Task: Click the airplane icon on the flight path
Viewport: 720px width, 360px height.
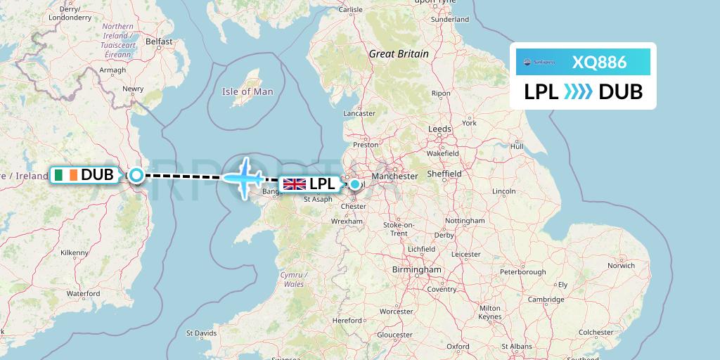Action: pyautogui.click(x=244, y=176)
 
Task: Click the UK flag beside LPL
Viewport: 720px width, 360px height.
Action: pyautogui.click(x=295, y=184)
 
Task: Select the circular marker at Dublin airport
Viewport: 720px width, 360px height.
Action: pyautogui.click(x=136, y=175)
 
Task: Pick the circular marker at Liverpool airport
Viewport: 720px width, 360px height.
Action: pyautogui.click(x=355, y=184)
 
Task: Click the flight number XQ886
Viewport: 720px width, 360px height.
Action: pyautogui.click(x=598, y=62)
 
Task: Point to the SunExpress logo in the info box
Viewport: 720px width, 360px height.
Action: pyautogui.click(x=540, y=62)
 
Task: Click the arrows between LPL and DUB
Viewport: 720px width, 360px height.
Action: pyautogui.click(x=579, y=92)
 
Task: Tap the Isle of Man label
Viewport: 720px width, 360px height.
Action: pyautogui.click(x=247, y=91)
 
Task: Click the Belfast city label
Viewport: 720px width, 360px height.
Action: pyautogui.click(x=159, y=41)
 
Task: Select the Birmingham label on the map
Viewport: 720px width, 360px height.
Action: pyautogui.click(x=418, y=269)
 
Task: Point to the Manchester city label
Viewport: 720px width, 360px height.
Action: pyautogui.click(x=394, y=176)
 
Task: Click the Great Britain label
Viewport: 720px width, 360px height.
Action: pyautogui.click(x=399, y=53)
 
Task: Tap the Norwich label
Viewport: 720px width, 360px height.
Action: pyautogui.click(x=622, y=265)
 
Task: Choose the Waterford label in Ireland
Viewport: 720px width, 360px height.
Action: pyautogui.click(x=83, y=293)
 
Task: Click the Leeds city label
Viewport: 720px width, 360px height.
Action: pyautogui.click(x=439, y=129)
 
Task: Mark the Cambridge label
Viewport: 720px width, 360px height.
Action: pyautogui.click(x=546, y=300)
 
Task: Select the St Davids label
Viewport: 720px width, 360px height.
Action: pyautogui.click(x=200, y=333)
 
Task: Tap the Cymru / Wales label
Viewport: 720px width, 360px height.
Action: pyautogui.click(x=292, y=279)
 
